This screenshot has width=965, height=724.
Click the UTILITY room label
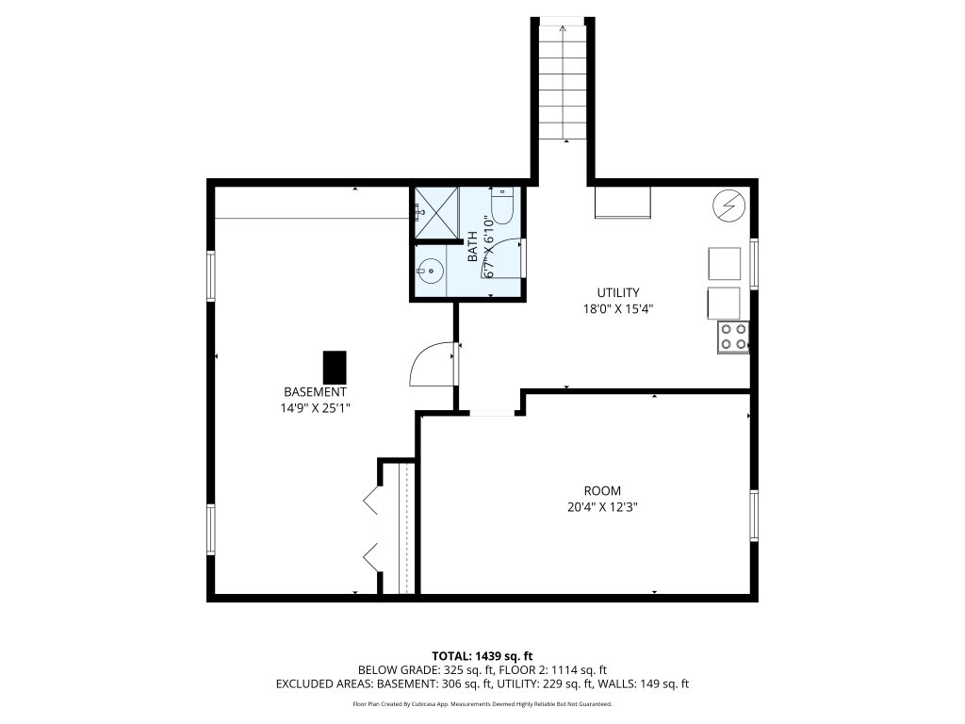tap(618, 292)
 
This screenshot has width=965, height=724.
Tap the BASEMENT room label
tap(315, 391)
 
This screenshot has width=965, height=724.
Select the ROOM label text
tap(602, 490)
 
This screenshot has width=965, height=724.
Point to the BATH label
tap(473, 246)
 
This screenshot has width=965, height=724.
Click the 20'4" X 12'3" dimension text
tap(602, 507)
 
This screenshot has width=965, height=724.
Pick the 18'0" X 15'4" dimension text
tap(618, 309)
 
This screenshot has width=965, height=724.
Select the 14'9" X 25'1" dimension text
tap(315, 407)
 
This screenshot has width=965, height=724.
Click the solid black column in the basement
tap(335, 367)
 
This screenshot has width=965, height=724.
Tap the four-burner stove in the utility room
tap(733, 337)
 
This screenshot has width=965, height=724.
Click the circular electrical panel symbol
tap(729, 205)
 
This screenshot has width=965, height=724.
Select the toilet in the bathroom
tap(502, 206)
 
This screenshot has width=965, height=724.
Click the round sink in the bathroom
tap(430, 270)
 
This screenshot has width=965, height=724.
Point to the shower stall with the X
tap(436, 212)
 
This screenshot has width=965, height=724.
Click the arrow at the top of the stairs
tap(563, 27)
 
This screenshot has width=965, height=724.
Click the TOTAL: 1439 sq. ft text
tap(482, 656)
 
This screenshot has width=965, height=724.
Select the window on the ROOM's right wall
tap(754, 516)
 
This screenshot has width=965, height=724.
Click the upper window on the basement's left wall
tap(211, 275)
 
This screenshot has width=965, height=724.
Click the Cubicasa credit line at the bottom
tap(482, 703)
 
